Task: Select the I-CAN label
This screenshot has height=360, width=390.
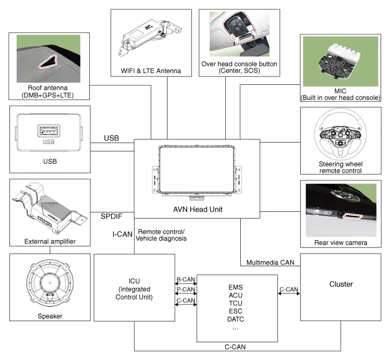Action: click(123, 234)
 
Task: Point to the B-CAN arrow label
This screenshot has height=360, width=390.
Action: click(185, 278)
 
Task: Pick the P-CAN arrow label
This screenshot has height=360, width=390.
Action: click(185, 289)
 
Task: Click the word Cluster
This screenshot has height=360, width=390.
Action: click(341, 285)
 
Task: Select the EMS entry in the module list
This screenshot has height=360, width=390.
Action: click(236, 288)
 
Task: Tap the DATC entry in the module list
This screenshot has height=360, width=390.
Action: click(236, 320)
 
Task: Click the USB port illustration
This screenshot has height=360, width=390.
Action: click(49, 134)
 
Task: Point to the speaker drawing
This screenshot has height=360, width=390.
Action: click(49, 284)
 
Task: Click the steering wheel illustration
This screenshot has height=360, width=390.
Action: click(341, 138)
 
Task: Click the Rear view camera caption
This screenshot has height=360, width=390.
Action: click(341, 243)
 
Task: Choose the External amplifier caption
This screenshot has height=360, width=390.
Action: click(49, 241)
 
